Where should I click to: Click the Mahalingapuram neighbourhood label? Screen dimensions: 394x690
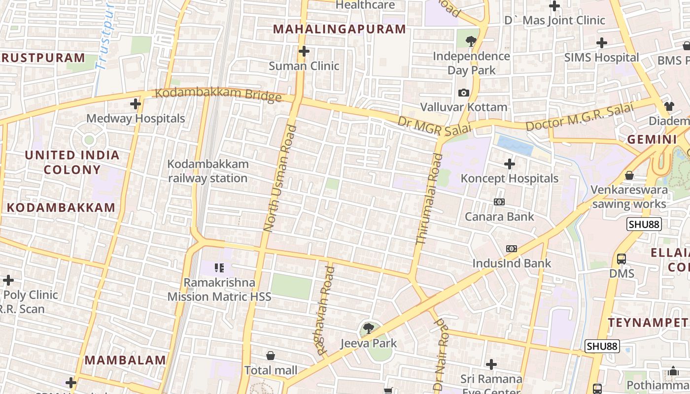tap(340, 29)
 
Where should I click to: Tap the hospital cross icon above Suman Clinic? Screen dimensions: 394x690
tap(304, 51)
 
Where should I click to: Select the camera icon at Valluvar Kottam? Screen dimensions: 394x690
tap(463, 93)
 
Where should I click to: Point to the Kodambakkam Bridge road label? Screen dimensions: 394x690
tap(218, 94)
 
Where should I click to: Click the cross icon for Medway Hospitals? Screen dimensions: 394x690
tap(136, 104)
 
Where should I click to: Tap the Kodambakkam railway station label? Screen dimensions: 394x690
tap(208, 171)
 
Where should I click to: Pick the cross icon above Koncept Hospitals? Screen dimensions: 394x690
tap(510, 164)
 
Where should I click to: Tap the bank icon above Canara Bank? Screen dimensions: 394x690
tap(499, 202)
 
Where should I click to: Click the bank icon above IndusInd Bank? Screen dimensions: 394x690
tap(512, 249)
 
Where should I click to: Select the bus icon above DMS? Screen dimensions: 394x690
tap(621, 259)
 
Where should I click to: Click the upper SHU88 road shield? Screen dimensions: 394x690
tap(644, 225)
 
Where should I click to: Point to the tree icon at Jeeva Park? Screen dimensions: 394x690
tap(368, 328)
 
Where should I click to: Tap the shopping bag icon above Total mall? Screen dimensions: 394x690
tap(271, 356)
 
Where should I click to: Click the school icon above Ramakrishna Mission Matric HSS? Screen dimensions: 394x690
tap(219, 268)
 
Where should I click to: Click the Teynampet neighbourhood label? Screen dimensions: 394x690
tap(648, 323)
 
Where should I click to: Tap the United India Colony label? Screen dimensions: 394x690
tap(72, 162)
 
